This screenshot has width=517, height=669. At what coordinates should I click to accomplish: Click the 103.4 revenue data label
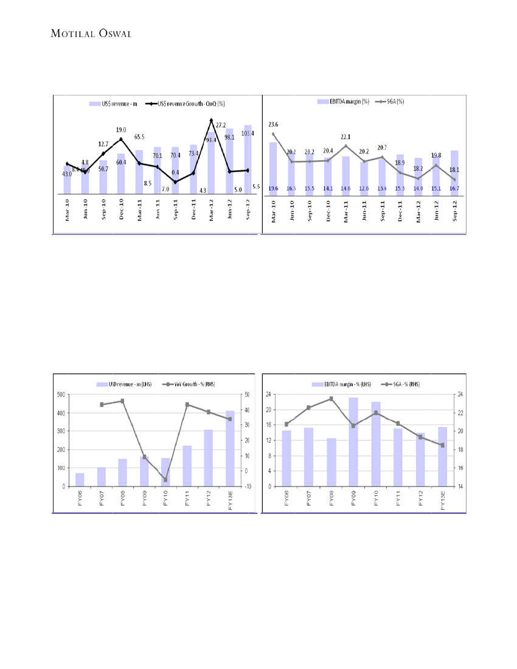248,133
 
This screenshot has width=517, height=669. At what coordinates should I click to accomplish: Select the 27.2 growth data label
221,125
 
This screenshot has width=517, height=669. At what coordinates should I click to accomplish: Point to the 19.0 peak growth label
121,130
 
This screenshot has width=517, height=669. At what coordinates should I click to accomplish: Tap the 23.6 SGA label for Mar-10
273,124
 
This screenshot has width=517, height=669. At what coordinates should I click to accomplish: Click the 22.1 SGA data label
345,137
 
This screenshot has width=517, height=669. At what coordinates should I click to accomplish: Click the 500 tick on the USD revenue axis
61,395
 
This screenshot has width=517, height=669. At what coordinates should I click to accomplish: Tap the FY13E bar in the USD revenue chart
231,448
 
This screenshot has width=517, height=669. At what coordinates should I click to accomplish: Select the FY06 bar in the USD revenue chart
80,479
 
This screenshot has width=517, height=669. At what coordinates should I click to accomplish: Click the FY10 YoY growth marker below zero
165,480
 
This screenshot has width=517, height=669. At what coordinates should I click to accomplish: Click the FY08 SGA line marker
331,399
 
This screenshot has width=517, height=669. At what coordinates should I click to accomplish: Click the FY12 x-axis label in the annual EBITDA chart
420,502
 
